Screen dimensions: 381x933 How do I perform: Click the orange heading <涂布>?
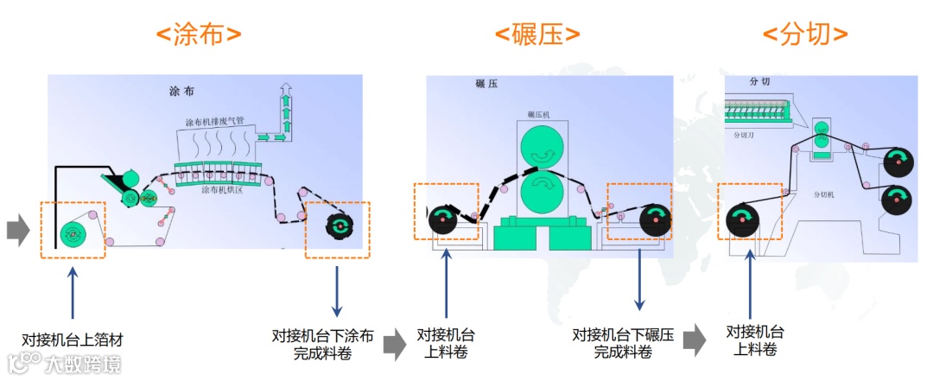pos(199,35)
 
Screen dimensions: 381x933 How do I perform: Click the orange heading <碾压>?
pos(537,35)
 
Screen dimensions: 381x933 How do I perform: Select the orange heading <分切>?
pos(805,35)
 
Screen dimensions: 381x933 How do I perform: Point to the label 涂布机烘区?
pos(224,188)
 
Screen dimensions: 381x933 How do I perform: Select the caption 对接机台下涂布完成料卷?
pos(322,344)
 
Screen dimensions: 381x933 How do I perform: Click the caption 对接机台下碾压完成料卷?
pos(623,343)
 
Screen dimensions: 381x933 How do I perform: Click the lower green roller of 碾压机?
pos(543,189)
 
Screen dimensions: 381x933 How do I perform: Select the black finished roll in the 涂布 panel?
pos(340,225)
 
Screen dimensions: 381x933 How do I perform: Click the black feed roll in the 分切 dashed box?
pos(743,219)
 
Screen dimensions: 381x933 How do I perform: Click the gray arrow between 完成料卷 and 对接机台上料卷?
pos(395,343)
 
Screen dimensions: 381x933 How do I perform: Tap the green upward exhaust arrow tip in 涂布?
pos(286,88)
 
